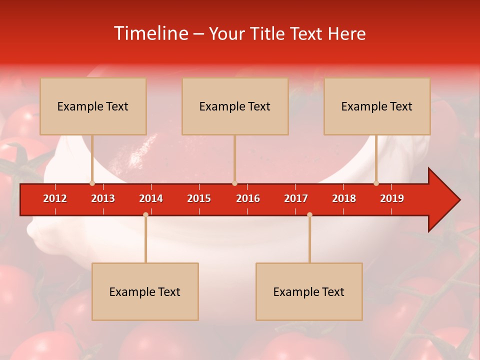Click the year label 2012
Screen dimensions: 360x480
(55, 198)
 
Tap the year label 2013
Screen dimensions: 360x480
(103, 198)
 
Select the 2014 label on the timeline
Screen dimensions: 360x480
(151, 198)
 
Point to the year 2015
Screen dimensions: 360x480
(199, 198)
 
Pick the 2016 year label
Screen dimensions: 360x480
(248, 198)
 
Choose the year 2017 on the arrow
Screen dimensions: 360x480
(296, 198)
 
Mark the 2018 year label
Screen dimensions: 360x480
(344, 198)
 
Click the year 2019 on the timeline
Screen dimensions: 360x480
(392, 198)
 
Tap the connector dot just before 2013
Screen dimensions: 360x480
(92, 183)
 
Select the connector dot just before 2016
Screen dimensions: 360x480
(234, 183)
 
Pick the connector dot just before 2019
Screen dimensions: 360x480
(376, 183)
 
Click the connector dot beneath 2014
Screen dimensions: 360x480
(145, 214)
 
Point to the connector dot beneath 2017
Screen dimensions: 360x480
(309, 214)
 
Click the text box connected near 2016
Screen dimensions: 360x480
(235, 106)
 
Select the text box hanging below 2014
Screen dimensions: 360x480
(145, 291)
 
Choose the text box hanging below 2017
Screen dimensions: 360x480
(309, 291)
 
